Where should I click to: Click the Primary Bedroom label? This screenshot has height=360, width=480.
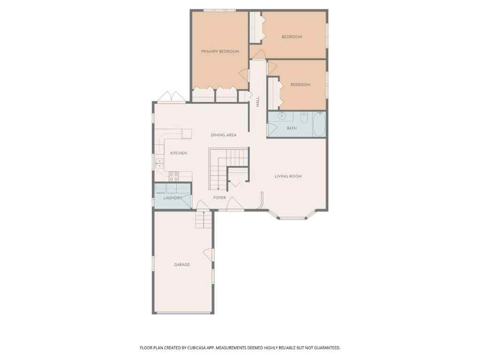coord(220,52)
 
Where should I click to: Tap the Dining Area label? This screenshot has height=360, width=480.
coord(223,135)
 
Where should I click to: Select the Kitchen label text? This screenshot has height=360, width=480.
coord(178,153)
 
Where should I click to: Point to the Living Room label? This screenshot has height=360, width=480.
coord(288,176)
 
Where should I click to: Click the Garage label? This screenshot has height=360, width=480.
coord(182,265)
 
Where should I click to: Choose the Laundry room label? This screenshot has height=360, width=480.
coord(173,198)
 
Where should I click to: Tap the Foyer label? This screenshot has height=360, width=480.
coord(220,198)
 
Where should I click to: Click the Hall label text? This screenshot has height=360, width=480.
coord(258,102)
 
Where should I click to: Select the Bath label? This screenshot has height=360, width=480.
coord(292,128)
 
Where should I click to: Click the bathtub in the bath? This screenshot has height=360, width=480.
coord(320,124)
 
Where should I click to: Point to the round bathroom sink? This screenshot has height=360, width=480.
coord(282,116)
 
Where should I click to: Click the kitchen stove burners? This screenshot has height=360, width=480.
coord(173,176)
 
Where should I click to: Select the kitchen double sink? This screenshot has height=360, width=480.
coord(160,163)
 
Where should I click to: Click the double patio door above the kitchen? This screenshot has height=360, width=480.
coord(171,97)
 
